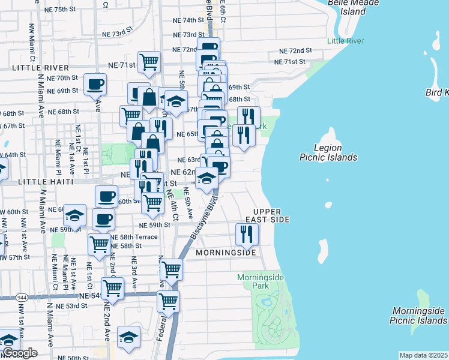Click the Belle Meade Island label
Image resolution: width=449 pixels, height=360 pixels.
355,7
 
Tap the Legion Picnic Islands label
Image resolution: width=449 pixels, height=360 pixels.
328,152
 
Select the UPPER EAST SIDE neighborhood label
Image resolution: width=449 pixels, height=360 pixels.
271,216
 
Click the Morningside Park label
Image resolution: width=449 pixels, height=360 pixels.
261,281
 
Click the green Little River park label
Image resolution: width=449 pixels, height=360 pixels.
345,41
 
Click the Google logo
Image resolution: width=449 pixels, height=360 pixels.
19,353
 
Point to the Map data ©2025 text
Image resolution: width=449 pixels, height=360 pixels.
423,355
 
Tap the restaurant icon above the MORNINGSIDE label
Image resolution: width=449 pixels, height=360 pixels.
246,234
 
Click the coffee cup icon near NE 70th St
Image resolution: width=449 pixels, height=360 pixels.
95,84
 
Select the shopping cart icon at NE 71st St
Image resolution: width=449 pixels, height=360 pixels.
149,61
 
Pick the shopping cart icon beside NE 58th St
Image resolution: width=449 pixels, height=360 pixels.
99,244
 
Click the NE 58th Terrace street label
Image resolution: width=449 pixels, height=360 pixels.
137,237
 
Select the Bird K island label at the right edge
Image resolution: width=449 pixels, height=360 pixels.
436,92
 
